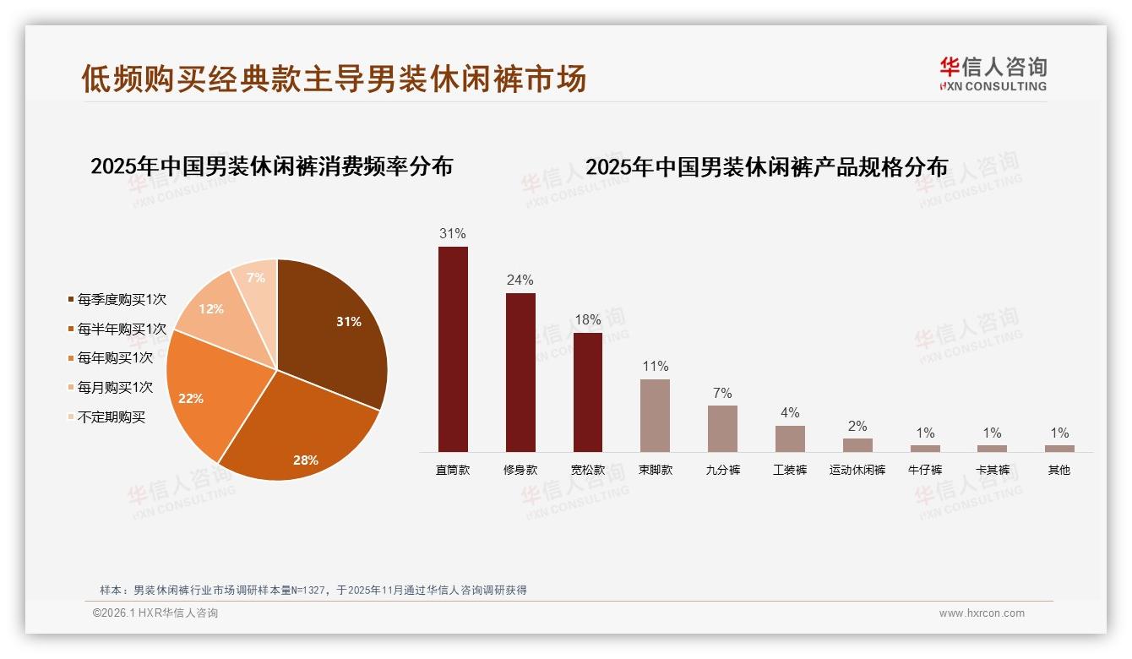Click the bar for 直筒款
pyautogui.click(x=453, y=349)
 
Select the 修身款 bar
pyautogui.click(x=520, y=373)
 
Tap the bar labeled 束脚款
pyautogui.click(x=655, y=416)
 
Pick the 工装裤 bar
pyautogui.click(x=790, y=438)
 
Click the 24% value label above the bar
pyautogui.click(x=520, y=280)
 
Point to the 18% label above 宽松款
pyautogui.click(x=587, y=320)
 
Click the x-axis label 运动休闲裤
pyautogui.click(x=857, y=471)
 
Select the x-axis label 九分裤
pyautogui.click(x=722, y=471)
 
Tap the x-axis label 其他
pyautogui.click(x=1059, y=471)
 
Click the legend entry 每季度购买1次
pyautogui.click(x=117, y=299)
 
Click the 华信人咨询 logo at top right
pyautogui.click(x=993, y=74)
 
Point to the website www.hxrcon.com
pyautogui.click(x=982, y=613)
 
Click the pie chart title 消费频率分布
pyautogui.click(x=271, y=166)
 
